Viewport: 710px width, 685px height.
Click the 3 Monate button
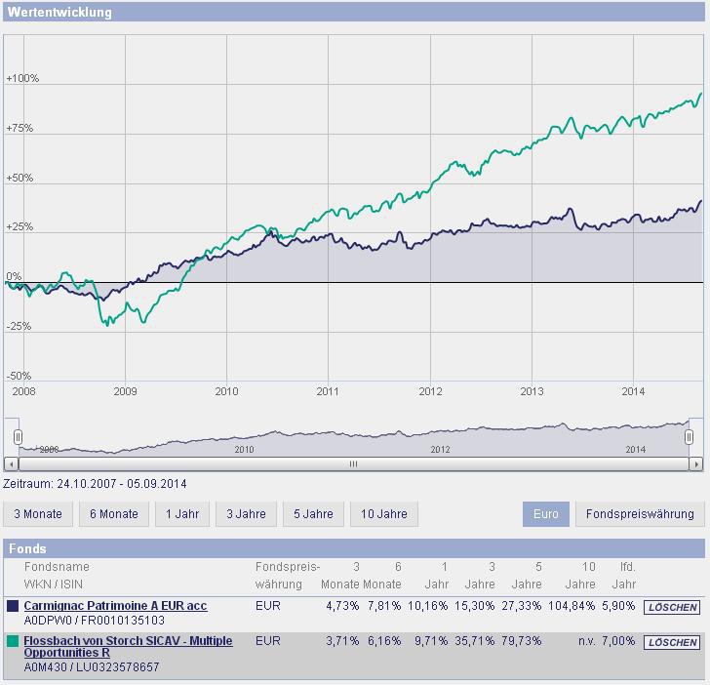click(x=38, y=514)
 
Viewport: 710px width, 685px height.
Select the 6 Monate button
click(x=114, y=514)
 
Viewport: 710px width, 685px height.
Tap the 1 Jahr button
click(x=181, y=514)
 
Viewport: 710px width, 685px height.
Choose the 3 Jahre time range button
click(x=245, y=514)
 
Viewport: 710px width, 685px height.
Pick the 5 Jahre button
click(x=313, y=514)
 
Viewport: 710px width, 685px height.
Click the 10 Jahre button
click(x=383, y=514)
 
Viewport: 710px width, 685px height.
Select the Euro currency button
click(x=546, y=514)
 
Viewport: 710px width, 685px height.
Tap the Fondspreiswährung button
click(x=639, y=514)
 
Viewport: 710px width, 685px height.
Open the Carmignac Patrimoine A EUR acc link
click(x=115, y=606)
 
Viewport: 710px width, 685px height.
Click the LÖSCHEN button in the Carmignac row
click(x=672, y=607)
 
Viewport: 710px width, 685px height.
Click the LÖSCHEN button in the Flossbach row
click(x=672, y=642)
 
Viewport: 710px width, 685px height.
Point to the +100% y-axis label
click(x=21, y=78)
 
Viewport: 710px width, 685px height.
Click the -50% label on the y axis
click(x=20, y=377)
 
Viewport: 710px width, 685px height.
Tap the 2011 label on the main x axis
click(x=329, y=391)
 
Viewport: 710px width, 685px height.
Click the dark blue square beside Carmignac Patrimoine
click(x=13, y=606)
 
